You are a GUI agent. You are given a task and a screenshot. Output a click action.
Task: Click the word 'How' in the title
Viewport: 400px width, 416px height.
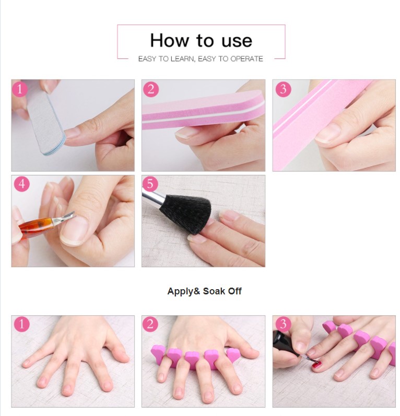170,41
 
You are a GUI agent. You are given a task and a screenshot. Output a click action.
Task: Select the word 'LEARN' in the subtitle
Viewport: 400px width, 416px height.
183,59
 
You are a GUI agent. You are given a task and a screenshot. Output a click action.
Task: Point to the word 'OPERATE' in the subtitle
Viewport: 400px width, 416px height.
246,59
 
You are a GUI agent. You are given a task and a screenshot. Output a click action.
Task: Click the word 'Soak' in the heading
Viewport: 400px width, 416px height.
214,291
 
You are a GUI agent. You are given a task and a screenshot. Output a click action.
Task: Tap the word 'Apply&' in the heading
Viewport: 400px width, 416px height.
184,291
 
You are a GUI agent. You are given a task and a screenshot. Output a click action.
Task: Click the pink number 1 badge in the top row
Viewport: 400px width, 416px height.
20,89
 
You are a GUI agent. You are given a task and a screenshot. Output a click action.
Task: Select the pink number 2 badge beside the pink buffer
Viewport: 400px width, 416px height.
151,89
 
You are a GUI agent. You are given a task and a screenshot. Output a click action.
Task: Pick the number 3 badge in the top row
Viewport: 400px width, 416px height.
283,89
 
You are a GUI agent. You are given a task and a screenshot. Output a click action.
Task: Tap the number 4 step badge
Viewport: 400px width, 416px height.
21,184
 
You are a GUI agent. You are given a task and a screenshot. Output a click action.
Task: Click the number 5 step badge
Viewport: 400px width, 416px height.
150,184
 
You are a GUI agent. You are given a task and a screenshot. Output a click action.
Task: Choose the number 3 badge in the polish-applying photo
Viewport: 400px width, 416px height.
283,324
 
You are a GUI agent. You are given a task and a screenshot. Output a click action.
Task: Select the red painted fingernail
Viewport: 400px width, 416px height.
316,365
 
